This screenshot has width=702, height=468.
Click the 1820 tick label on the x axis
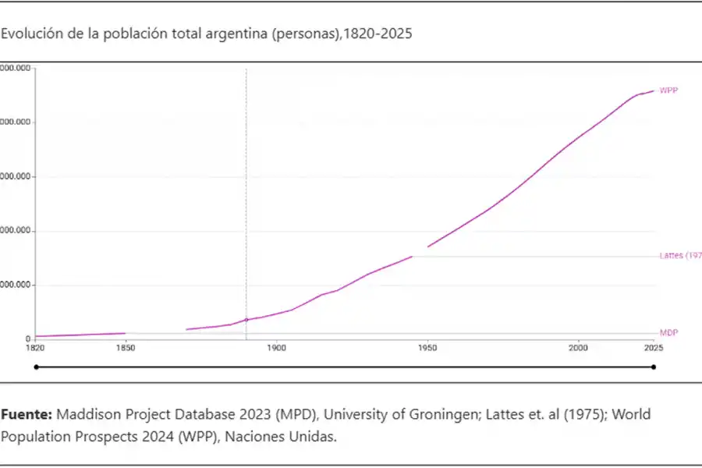34,349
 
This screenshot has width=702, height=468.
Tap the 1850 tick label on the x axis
125,349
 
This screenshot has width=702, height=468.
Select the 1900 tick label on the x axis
276,349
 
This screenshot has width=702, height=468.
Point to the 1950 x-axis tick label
427,349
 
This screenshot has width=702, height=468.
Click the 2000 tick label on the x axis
578,349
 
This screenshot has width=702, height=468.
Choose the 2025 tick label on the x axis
653,349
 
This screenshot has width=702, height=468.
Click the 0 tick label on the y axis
27,339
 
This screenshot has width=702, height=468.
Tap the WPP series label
668,90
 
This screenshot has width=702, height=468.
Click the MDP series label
668,332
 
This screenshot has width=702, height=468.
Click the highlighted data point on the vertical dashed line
246,320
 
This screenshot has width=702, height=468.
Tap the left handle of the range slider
35,367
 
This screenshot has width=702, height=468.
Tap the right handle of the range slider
654,367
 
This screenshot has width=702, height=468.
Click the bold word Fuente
27,414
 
